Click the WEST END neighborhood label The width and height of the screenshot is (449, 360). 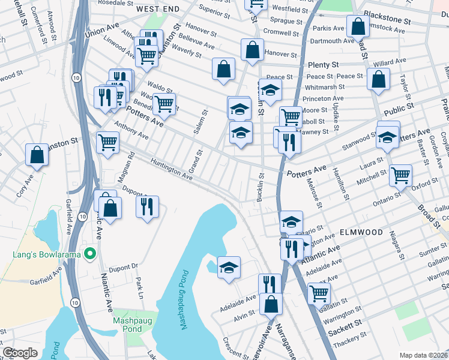point(158,10)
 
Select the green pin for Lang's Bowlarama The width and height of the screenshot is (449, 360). point(91,254)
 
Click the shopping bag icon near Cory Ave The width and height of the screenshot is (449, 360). point(37,155)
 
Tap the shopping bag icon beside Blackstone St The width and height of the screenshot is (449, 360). point(358,26)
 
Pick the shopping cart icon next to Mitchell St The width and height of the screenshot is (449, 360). point(400,175)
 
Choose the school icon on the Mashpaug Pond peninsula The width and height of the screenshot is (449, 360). point(229,267)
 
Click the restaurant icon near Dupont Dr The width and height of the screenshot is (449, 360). point(147,206)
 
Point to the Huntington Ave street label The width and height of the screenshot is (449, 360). point(172,168)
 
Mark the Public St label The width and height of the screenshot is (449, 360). point(399,110)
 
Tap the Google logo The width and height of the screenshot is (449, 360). point(20,353)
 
